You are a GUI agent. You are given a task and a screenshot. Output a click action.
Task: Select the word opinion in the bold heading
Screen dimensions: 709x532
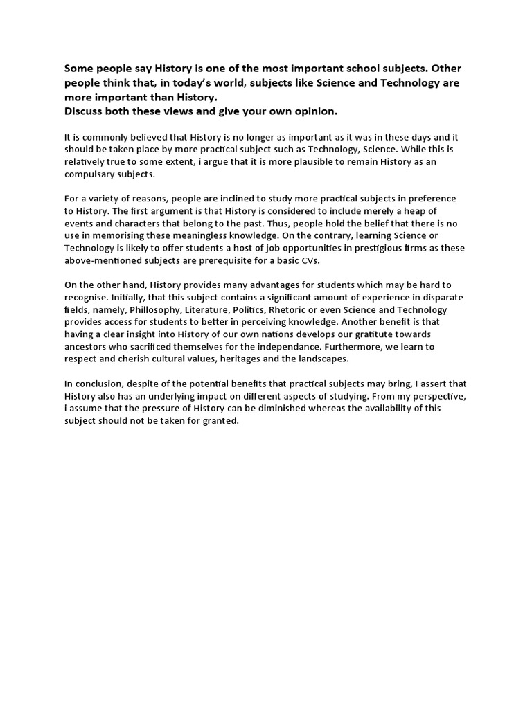click(316, 111)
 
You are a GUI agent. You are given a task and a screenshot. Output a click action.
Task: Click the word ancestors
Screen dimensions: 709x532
click(87, 345)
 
